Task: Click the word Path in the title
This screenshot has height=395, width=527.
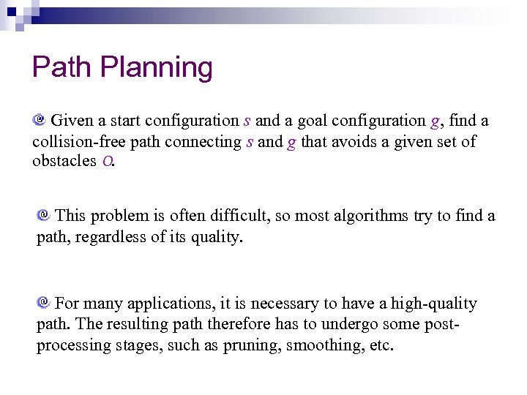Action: tap(62, 67)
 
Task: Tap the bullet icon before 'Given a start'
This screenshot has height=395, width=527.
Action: tap(40, 118)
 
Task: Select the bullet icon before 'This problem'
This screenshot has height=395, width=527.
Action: tap(44, 215)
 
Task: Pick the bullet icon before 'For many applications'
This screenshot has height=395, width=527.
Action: tap(44, 301)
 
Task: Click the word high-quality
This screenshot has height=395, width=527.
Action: tap(433, 303)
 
